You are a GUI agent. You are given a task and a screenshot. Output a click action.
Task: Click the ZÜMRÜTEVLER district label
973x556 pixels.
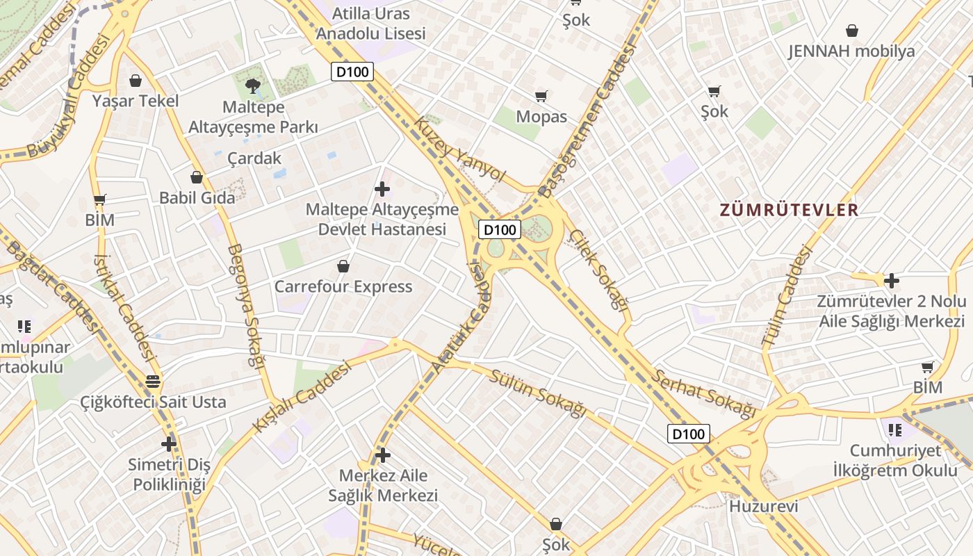[x=789, y=210]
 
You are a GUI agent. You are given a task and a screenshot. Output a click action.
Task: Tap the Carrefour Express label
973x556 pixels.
[x=343, y=286]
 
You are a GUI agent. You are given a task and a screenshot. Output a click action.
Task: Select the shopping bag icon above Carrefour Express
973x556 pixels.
[x=343, y=266]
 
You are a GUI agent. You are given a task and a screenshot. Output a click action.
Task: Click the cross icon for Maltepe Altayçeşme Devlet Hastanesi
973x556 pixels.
[x=382, y=188]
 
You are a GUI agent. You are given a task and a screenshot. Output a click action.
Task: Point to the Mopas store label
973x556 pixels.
[x=541, y=117]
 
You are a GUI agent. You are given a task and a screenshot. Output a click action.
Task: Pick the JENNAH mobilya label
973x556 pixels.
[x=851, y=51]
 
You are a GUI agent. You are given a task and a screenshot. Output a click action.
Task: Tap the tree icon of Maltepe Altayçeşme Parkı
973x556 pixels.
[x=253, y=86]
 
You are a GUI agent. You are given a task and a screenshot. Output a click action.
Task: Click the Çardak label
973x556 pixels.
[x=254, y=158]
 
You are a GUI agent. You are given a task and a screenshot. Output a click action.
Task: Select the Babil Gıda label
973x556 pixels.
[x=197, y=197]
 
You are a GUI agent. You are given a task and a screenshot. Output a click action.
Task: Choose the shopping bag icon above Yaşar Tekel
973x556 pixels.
[x=135, y=81]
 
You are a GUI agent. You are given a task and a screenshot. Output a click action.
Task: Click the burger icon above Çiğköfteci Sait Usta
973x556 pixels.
[x=153, y=382]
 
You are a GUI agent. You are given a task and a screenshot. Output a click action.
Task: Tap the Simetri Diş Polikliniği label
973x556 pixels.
[x=170, y=475]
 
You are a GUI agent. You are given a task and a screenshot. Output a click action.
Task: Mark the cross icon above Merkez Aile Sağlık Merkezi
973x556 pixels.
[x=382, y=455]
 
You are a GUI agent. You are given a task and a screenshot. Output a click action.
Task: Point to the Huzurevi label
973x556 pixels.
[x=763, y=506]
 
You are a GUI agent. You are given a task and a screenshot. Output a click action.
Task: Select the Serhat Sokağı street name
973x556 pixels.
[x=703, y=394]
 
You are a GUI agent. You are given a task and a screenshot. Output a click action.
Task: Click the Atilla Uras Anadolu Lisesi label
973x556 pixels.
[x=370, y=23]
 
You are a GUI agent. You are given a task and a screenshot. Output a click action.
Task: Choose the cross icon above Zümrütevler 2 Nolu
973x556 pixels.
[x=891, y=281]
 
